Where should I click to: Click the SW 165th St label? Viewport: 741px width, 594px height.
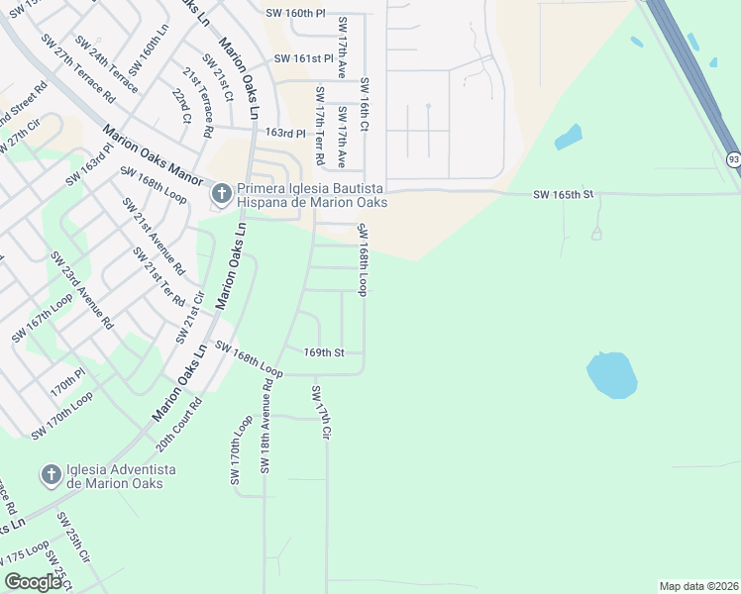pos(562,194)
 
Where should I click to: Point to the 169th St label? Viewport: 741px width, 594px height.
pos(324,352)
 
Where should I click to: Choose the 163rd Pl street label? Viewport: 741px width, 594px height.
pos(285,133)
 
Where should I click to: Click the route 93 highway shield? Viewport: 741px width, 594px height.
pos(733,159)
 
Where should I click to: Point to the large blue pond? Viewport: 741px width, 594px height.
pos(610,375)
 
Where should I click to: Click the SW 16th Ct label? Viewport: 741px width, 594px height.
pos(365,106)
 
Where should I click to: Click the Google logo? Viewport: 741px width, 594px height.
pos(34,581)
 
